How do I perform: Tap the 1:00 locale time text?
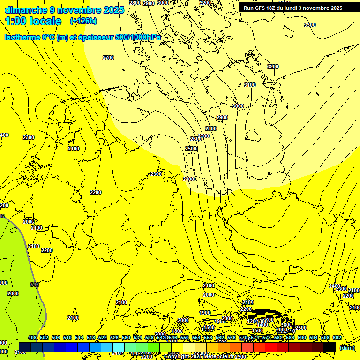[x=33, y=21]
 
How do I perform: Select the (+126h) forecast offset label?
[x=83, y=21]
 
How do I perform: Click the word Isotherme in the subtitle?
[x=22, y=37]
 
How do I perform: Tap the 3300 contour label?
[x=310, y=25]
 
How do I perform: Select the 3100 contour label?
[x=250, y=85]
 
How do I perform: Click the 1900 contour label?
[x=205, y=313]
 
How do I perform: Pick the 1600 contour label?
[x=177, y=331]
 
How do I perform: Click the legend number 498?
[x=32, y=337]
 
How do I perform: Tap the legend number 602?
[x=337, y=337]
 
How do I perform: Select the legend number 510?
[x=67, y=337]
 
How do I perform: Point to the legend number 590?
[x=302, y=337]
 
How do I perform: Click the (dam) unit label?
[x=347, y=347]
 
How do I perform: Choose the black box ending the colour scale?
[x=330, y=347]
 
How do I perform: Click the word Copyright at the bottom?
[x=178, y=357]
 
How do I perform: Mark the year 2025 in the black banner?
[x=333, y=8]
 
